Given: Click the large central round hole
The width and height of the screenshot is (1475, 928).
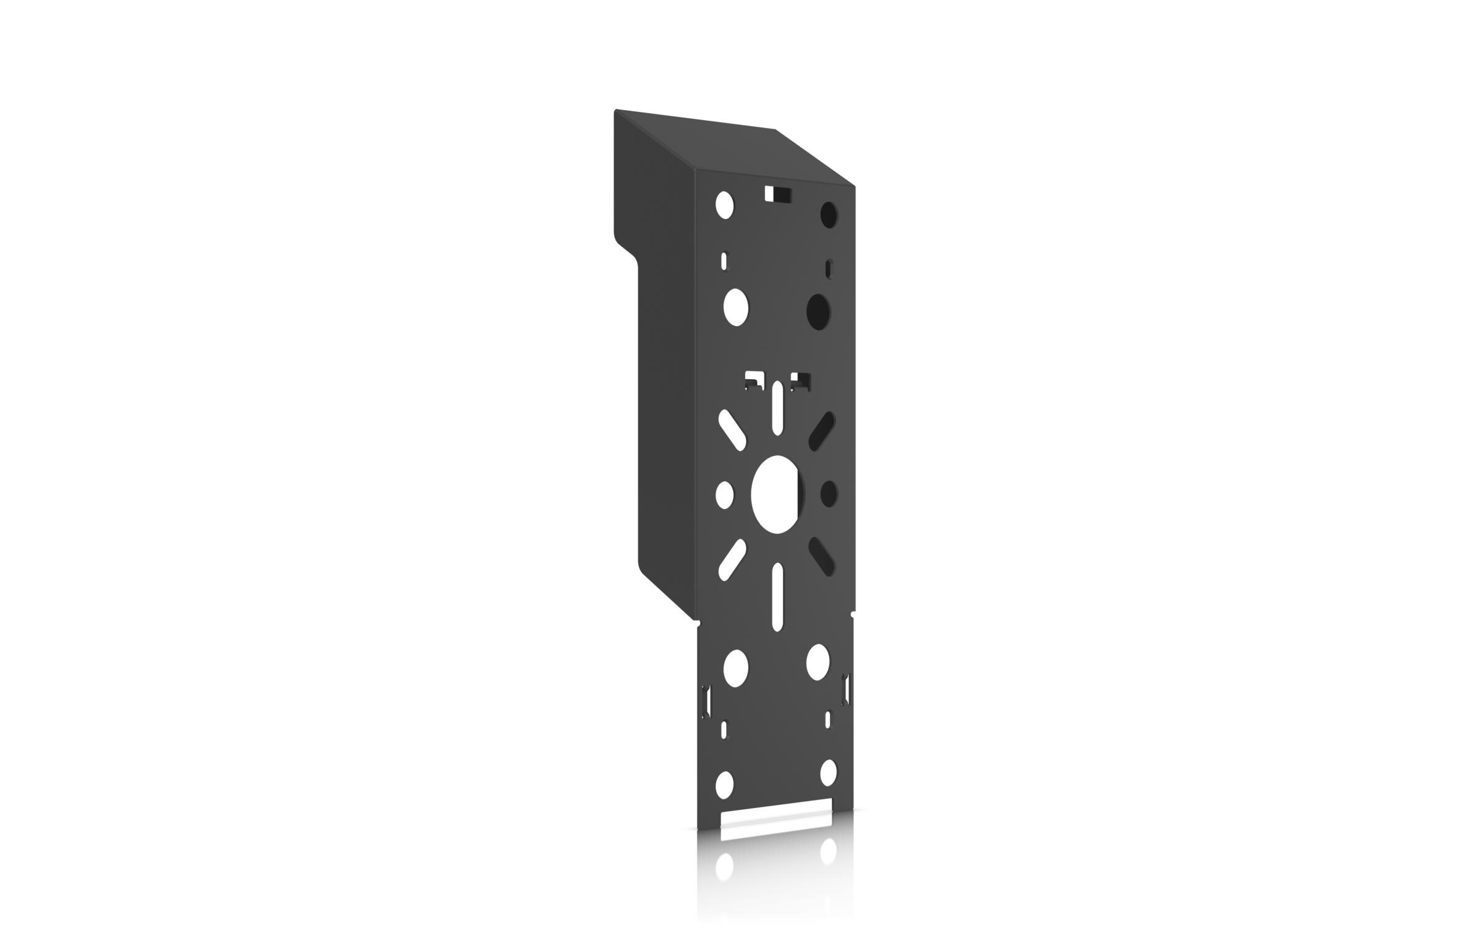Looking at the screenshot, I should (777, 494).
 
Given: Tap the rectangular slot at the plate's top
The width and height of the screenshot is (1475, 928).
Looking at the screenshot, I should (777, 194).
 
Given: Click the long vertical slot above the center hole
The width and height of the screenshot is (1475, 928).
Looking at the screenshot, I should (778, 408).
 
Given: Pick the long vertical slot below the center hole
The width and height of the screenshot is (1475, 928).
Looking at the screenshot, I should (778, 597).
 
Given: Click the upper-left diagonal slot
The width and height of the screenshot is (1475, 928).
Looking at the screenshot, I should (732, 429).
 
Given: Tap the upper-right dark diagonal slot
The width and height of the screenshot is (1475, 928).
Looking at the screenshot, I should (823, 431).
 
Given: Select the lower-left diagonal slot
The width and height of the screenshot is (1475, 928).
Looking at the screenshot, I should (732, 560).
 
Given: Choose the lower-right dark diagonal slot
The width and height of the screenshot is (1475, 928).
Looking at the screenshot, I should (823, 556).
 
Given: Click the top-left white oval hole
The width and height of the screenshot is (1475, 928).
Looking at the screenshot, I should (724, 205).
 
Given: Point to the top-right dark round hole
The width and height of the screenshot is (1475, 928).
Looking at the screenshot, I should (829, 215).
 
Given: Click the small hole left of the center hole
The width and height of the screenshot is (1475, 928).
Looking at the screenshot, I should (724, 495).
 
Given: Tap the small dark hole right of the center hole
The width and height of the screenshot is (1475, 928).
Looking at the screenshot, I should (829, 494).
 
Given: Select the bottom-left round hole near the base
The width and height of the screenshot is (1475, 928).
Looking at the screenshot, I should (724, 784).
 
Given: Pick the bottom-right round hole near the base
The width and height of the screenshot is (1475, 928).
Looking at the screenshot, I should (828, 773).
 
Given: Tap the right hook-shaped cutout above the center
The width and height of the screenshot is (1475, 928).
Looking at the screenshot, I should (801, 380).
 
